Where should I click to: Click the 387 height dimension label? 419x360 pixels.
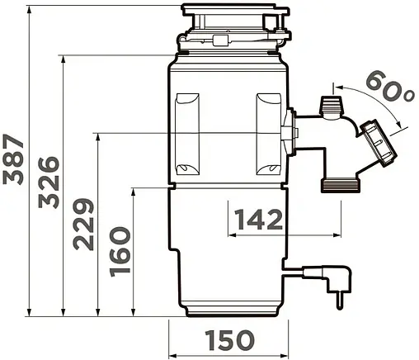click(13, 159)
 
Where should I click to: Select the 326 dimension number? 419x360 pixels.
click(49, 182)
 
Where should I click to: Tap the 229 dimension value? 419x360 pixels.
click(83, 224)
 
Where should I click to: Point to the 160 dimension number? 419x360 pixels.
click(120, 252)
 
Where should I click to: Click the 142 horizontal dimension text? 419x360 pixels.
click(259, 219)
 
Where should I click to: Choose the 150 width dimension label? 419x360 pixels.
click(230, 340)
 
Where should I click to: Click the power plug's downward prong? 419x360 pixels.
click(341, 301)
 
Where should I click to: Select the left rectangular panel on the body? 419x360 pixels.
click(187, 135)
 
